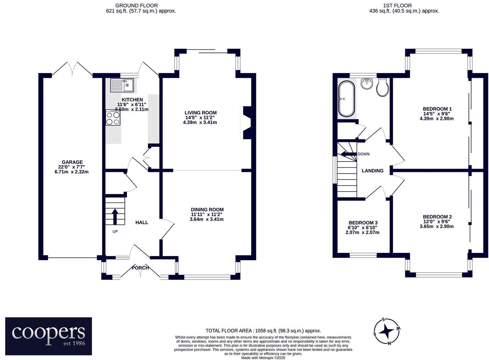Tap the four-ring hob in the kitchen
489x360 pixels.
point(113,118)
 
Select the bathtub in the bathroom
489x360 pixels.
point(347,99)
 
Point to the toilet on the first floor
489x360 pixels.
point(383,87)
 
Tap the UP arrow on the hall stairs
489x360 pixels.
point(115,216)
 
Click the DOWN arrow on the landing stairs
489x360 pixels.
point(349,154)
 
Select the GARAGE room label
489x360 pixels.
point(72,162)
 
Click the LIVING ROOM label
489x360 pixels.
point(201,113)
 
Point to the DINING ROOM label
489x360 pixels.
point(207,210)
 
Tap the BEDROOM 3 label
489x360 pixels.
point(363,223)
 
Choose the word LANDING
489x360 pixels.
point(372,171)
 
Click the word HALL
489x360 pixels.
point(142,222)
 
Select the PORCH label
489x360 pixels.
point(140,268)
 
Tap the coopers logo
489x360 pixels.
point(48,336)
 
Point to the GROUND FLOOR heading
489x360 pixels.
point(137,5)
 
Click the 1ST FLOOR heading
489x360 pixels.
point(404,5)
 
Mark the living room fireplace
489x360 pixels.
point(246,123)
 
